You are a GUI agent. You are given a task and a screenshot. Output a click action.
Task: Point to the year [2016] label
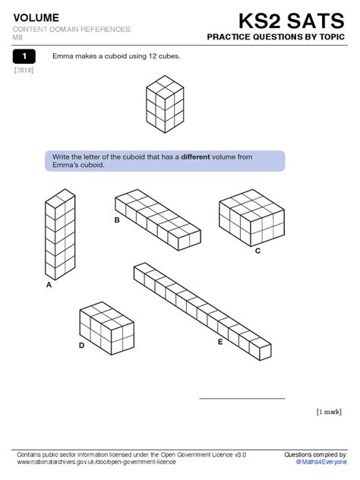[24, 71]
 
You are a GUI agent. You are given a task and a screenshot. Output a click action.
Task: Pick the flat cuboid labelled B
[157, 219]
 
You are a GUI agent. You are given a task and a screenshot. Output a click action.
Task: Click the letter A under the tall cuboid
[49, 286]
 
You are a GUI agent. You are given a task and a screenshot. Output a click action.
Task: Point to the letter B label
[117, 220]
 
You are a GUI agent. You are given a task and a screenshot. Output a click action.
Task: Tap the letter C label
[257, 250]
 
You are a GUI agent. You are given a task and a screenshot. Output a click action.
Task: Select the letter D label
[81, 345]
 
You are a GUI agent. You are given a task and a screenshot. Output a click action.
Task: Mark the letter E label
[220, 342]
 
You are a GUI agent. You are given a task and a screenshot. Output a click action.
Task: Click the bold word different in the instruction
[201, 157]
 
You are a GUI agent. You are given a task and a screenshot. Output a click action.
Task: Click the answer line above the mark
[242, 398]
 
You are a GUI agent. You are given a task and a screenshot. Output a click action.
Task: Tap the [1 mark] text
[330, 412]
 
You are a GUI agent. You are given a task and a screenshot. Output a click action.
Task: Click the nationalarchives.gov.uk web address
[96, 461]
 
